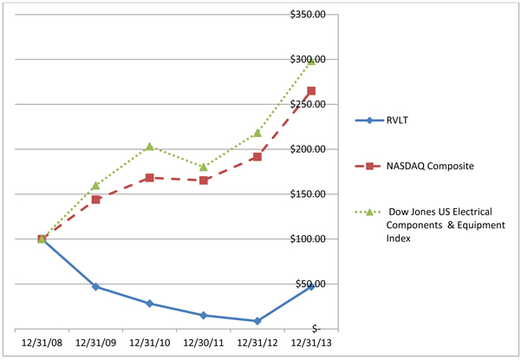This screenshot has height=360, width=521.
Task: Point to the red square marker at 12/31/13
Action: coord(311,91)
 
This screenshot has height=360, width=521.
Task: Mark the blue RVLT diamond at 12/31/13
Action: coord(311,286)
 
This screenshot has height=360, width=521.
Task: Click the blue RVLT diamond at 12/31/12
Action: coord(257,321)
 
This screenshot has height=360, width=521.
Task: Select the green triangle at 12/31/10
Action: coord(149,147)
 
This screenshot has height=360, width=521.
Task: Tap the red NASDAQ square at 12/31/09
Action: coord(95,200)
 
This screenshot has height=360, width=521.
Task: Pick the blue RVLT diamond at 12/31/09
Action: coord(95,286)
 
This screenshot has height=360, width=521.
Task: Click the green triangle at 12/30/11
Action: coord(204,167)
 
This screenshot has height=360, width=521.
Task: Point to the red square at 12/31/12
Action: coord(257,157)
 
